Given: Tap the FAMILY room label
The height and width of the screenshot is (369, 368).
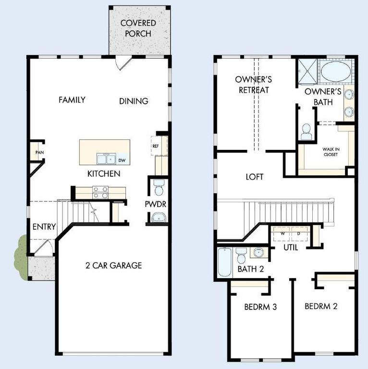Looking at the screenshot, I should click(72, 100).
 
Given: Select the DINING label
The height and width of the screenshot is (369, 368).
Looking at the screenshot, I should click(134, 101).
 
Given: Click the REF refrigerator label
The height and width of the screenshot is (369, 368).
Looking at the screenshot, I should click(156, 146).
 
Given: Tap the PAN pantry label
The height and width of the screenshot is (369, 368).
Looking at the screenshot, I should click(39, 153).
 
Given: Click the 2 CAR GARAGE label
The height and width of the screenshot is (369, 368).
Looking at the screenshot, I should click(113, 265).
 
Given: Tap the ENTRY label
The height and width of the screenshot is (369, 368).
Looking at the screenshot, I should click(44, 227).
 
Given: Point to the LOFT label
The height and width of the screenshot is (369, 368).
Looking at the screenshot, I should click(255, 177).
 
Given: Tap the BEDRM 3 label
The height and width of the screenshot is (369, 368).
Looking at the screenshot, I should click(260, 307).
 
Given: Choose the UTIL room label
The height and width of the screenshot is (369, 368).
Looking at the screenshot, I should click(291, 248).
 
